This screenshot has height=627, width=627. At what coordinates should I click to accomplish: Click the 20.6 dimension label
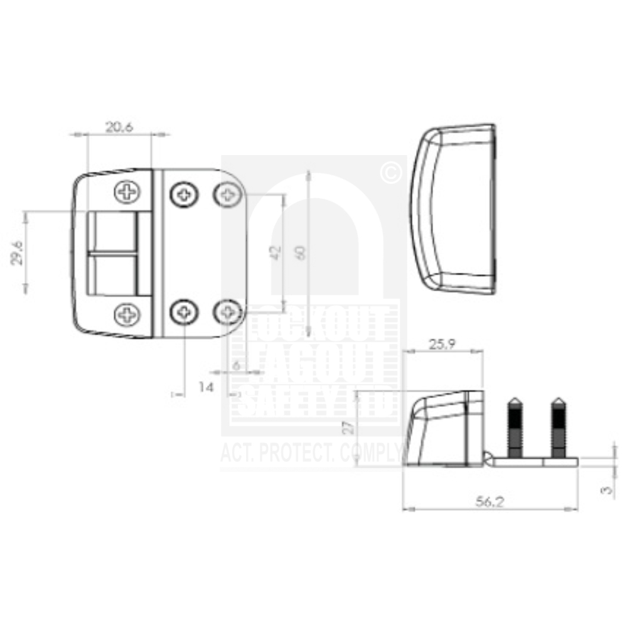pos(119,127)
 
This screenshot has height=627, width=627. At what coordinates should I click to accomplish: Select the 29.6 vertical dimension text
pos(18,252)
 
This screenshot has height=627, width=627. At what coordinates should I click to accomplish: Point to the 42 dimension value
pos(274,252)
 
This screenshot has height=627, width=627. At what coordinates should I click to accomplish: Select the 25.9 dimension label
pos(442,344)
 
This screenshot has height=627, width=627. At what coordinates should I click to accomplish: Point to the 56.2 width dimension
pos(490,501)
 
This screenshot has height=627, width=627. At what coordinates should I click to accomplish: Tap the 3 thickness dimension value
pos(606,490)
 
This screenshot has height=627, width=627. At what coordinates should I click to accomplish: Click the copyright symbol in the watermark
pos(391,173)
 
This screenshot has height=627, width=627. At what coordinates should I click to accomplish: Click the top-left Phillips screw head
pos(127,191)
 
